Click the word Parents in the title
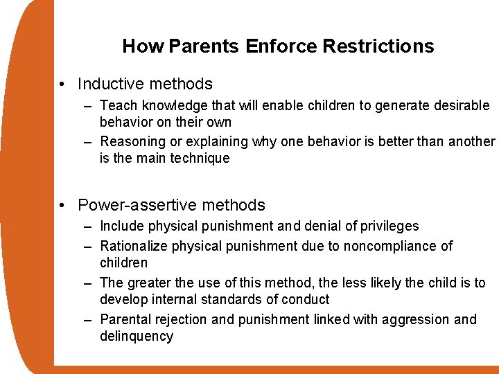click(203, 46)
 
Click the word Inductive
click(107, 84)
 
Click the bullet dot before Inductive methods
click(63, 85)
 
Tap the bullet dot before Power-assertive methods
click(63, 206)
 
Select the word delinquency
click(137, 336)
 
